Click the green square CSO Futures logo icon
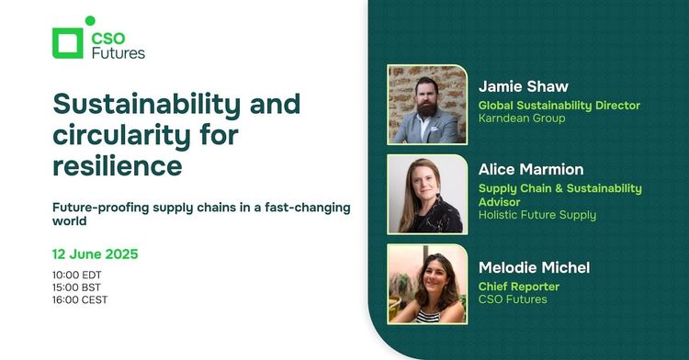pyautogui.click(x=69, y=44)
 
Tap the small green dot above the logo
pyautogui.click(x=90, y=20)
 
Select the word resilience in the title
pyautogui.click(x=117, y=166)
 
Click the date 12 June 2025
pyautogui.click(x=95, y=253)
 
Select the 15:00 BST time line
pyautogui.click(x=75, y=287)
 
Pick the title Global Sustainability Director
pyautogui.click(x=559, y=106)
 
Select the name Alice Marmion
pyautogui.click(x=530, y=169)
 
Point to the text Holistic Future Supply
pyautogui.click(x=537, y=216)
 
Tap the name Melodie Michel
pyautogui.click(x=534, y=267)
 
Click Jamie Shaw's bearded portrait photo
pyautogui.click(x=427, y=104)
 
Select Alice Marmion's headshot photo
pyautogui.click(x=427, y=194)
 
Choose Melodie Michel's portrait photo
pyautogui.click(x=427, y=284)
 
